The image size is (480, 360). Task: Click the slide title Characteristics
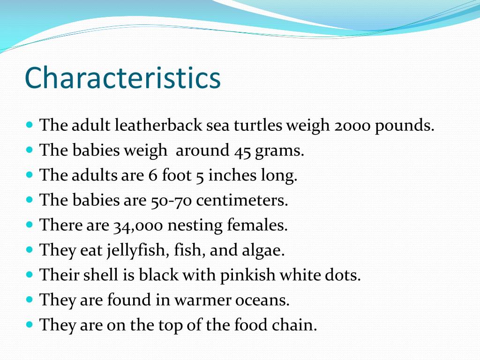click(x=122, y=78)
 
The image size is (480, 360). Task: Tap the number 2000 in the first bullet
click(x=352, y=126)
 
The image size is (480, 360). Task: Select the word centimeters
click(x=241, y=201)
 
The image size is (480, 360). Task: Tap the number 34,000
click(x=138, y=226)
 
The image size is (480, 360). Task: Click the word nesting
click(x=195, y=226)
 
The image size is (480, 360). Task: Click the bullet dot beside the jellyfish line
click(x=30, y=249)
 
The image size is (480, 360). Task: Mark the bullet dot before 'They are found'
click(x=30, y=299)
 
